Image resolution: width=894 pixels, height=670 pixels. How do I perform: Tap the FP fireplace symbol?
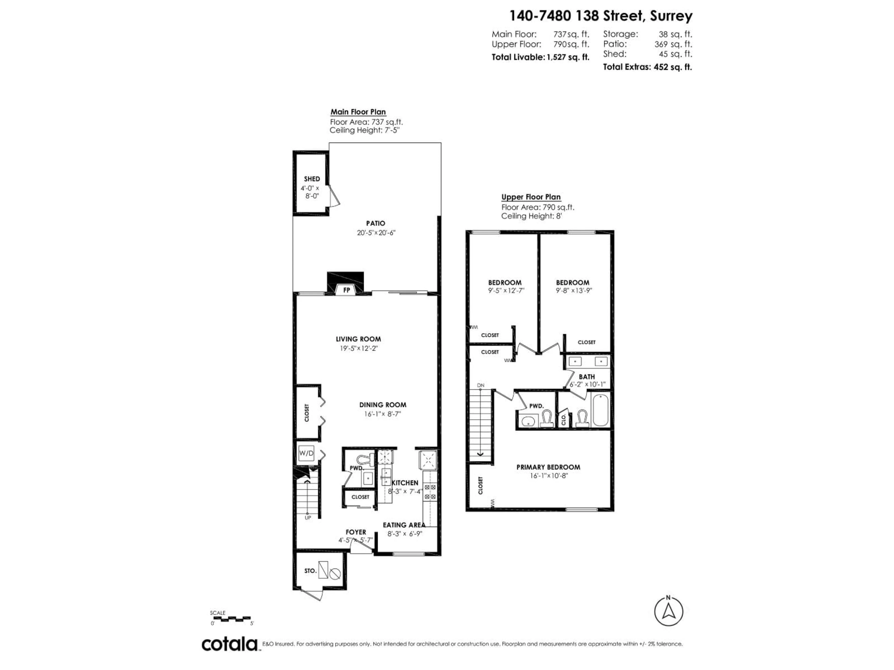[346, 290]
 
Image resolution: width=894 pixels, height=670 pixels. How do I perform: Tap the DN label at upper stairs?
[481, 385]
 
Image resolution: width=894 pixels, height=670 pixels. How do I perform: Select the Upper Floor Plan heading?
[531, 197]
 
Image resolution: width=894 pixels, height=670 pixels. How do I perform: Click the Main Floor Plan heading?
[358, 112]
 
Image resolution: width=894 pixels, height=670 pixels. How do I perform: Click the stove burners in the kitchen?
[430, 493]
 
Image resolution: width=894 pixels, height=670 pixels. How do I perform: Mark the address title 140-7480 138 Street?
[601, 16]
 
